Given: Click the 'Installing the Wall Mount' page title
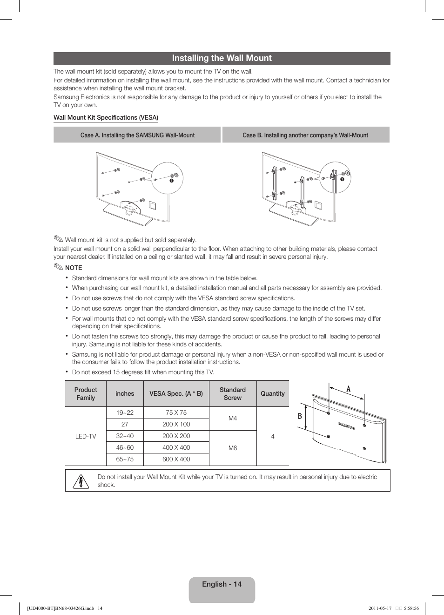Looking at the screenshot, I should [x=222, y=58].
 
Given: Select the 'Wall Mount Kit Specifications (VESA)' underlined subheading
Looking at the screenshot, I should [x=106, y=117].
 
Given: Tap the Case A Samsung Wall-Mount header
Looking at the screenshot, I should [x=137, y=135].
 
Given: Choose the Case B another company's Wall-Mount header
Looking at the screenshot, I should [x=305, y=135].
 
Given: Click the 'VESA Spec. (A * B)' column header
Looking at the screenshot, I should [x=176, y=393].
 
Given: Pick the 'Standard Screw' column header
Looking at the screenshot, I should [x=232, y=393].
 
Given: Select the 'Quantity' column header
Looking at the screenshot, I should [x=272, y=393].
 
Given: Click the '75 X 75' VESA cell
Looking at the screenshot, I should [x=176, y=412].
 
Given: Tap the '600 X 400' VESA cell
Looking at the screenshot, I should [x=176, y=459].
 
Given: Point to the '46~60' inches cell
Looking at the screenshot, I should [x=125, y=447].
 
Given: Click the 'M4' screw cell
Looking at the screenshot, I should [x=233, y=418].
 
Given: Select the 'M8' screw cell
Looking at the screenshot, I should [x=233, y=448].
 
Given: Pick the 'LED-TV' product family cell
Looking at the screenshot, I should [x=86, y=436].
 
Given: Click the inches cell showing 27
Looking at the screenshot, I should [x=125, y=424].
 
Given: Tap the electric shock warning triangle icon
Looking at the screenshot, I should [x=81, y=481].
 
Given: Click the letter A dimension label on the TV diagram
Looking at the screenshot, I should [x=348, y=389].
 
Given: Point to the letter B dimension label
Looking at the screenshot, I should [x=300, y=416].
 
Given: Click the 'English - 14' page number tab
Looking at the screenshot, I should [x=222, y=584].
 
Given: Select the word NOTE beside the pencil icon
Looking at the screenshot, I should [x=74, y=268].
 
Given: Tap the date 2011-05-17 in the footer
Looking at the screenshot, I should [x=380, y=608].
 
